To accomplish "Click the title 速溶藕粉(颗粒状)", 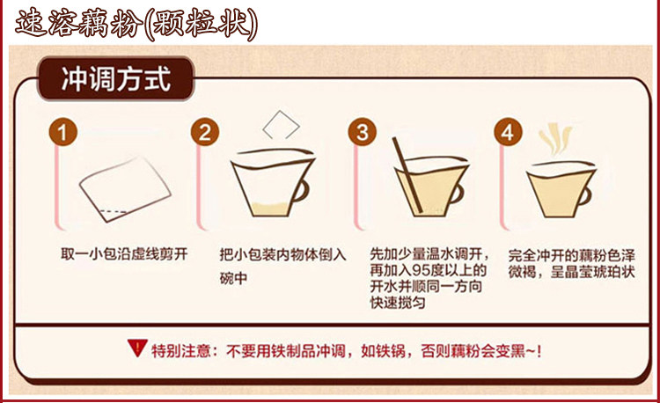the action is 136,24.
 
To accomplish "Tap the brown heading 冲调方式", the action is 116,78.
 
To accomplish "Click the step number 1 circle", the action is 62,132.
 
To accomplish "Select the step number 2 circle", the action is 204,132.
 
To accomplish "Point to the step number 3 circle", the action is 362,132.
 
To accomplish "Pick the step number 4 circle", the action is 508,132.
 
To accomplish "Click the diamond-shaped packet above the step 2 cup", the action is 281,125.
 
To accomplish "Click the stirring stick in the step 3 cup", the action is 407,174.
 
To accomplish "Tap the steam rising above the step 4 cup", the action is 555,138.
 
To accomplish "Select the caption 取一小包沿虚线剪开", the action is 124,254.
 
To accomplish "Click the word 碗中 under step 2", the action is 233,278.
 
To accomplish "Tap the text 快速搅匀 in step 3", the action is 398,303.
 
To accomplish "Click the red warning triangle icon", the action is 137,348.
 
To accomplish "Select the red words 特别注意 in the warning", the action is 181,350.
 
